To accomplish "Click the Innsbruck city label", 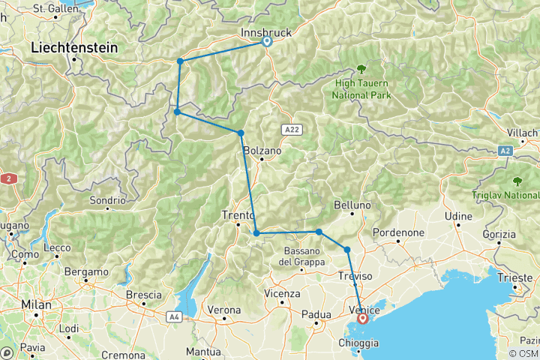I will point(266,33).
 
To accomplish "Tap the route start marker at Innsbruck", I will point(266,43).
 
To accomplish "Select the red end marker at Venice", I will point(363,319).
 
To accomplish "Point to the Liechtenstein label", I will point(75,47).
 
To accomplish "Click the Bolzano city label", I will point(262,151).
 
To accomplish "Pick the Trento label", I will point(238,216).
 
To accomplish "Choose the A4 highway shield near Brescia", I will point(175,317).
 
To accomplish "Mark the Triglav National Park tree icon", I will point(517,181).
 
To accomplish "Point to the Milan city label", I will point(37,304).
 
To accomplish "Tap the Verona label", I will point(224,310).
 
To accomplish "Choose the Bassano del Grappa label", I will point(303,256).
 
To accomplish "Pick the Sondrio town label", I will point(107,200).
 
